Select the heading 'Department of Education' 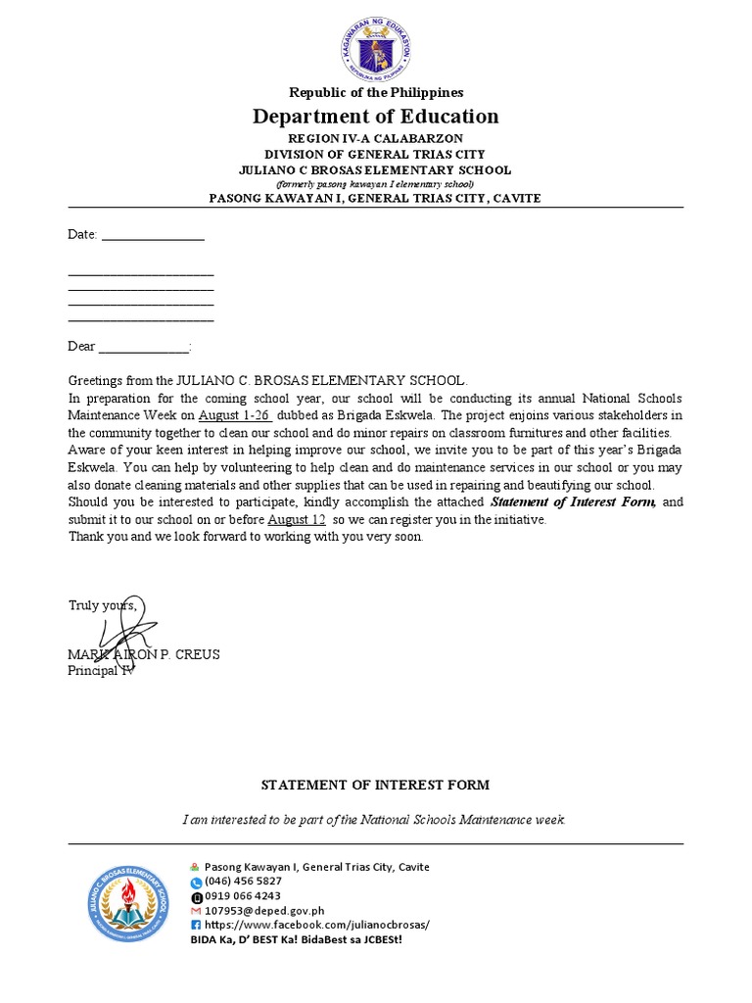click(x=376, y=117)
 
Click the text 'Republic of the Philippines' click(x=376, y=92)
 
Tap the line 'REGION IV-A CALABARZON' click(x=376, y=139)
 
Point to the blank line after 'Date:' click(x=153, y=235)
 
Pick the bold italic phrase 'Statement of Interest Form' click(x=572, y=502)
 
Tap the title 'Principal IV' click(x=101, y=670)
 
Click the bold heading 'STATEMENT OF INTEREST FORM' click(x=375, y=785)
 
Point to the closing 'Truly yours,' click(x=103, y=605)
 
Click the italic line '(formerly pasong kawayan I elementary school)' click(x=376, y=183)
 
